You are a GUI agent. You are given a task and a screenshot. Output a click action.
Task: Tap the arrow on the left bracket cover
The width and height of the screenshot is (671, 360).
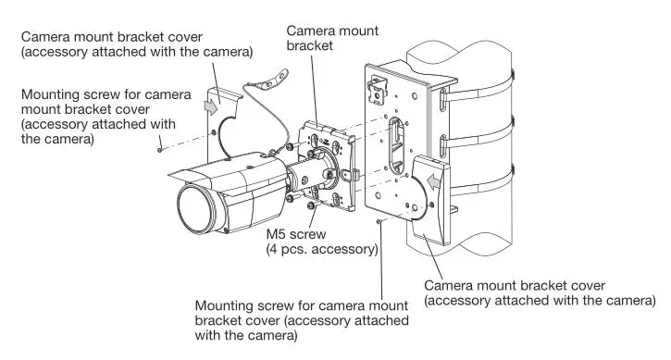(210, 106)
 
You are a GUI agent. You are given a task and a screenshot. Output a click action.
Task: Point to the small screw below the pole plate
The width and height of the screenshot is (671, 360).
(379, 222)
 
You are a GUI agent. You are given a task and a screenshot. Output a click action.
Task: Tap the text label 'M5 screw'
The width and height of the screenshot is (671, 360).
(294, 235)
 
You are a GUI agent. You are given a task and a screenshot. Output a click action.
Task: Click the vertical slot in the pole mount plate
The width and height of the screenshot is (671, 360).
(397, 143)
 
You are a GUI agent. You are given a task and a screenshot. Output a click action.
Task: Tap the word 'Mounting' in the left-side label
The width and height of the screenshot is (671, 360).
(51, 95)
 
